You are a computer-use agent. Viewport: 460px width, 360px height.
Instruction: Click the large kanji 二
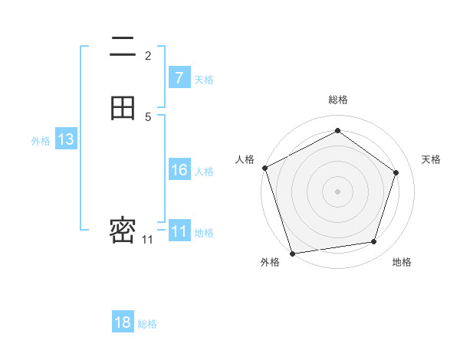point(123,47)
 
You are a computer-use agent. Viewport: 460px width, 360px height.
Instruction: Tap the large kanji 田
point(123,108)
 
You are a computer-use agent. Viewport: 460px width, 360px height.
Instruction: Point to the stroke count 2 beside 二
point(148,55)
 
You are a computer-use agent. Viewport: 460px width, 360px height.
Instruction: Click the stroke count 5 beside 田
point(148,116)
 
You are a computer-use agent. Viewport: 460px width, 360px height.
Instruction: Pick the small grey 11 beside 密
point(147,240)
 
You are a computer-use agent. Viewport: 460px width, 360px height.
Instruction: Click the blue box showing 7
point(179,78)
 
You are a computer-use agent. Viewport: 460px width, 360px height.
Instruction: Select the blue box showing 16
point(179,170)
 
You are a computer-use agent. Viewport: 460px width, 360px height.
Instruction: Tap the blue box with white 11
point(179,231)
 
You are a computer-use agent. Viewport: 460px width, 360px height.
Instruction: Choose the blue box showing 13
point(65,139)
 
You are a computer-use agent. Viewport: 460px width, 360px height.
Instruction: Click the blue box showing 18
point(123,322)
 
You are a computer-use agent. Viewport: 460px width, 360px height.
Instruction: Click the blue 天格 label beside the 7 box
point(204,79)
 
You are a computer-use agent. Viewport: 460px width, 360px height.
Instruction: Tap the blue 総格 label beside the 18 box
point(147,324)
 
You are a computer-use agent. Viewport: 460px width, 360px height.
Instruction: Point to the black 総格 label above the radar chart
point(337,100)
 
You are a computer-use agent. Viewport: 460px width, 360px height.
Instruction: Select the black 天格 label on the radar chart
point(431,159)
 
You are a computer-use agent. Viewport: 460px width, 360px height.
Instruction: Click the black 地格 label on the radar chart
point(402,262)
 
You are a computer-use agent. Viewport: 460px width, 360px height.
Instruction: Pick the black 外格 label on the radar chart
point(270,262)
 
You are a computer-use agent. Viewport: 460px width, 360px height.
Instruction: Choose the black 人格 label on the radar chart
point(245,159)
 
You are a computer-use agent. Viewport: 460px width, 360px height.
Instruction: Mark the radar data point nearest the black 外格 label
point(292,253)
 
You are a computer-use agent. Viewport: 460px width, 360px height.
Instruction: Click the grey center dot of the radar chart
point(337,191)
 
